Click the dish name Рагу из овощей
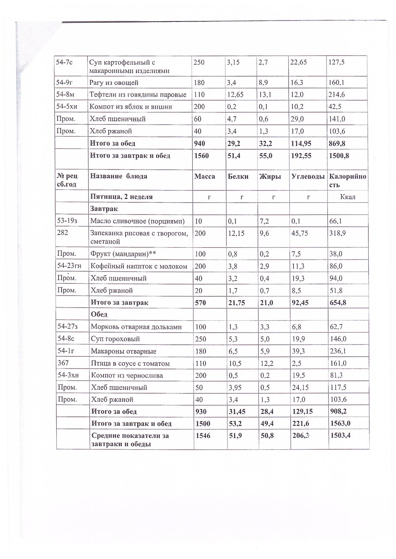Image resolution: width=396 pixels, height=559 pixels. pos(114,83)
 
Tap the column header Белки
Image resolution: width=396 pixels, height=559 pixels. pos(238,176)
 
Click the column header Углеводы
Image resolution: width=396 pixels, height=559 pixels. pos(308,176)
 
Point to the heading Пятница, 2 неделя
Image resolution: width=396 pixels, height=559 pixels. pos(121,197)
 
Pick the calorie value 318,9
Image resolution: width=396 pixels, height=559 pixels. pos(338,233)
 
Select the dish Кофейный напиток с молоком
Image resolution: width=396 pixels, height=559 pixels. pos(139,266)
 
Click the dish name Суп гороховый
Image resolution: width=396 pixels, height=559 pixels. pos(115,339)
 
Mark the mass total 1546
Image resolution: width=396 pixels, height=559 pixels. pos(203,436)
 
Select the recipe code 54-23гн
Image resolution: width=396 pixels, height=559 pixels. pos(69,266)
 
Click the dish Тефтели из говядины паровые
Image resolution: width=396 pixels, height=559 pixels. pos(138,95)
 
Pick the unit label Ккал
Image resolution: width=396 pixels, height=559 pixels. pos(348,197)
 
